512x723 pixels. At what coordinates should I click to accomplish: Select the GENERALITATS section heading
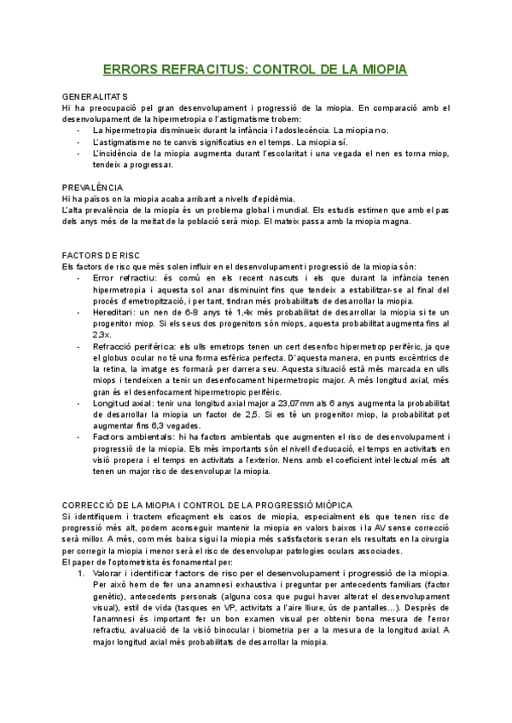pyautogui.click(x=95, y=97)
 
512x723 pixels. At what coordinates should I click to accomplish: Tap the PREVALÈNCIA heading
pyautogui.click(x=92, y=188)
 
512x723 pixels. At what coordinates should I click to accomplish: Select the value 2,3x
pyautogui.click(x=102, y=334)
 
